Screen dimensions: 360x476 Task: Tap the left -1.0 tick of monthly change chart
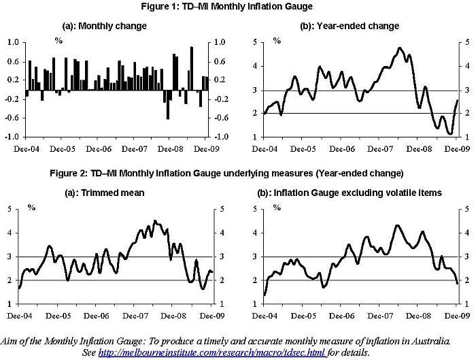[12, 136]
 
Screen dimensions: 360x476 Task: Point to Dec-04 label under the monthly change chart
[27, 148]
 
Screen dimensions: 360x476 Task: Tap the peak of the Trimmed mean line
[154, 220]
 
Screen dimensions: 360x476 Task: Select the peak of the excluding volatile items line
[397, 225]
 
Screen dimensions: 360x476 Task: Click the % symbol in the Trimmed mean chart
[32, 207]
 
